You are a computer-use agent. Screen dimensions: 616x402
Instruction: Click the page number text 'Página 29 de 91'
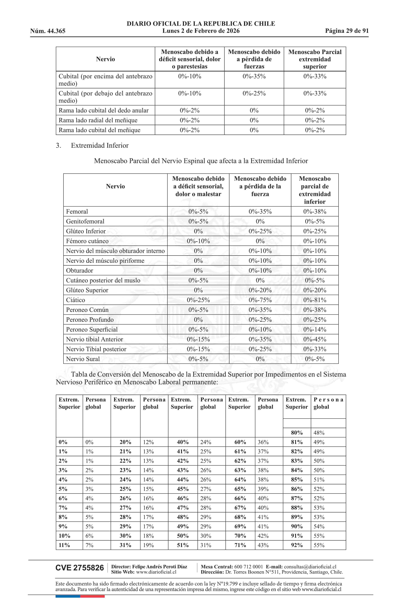click(x=347, y=31)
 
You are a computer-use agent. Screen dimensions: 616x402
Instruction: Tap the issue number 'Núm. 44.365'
click(x=48, y=31)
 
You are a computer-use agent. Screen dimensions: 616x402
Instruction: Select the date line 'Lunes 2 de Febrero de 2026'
click(x=201, y=31)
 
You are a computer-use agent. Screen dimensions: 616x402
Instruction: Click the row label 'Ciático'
click(x=76, y=300)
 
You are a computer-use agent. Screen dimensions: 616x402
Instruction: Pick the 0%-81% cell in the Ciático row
click(x=315, y=300)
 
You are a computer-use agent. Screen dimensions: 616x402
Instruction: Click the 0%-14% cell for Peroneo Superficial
click(x=315, y=329)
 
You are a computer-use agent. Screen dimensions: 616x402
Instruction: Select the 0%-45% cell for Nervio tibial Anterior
click(x=315, y=339)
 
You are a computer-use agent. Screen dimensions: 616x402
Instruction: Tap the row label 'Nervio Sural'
click(x=83, y=359)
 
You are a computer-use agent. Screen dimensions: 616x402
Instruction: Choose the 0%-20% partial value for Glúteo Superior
click(x=315, y=290)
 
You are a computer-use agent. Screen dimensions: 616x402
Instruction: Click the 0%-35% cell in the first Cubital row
click(x=254, y=76)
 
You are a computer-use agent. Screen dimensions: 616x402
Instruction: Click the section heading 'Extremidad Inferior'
click(x=100, y=145)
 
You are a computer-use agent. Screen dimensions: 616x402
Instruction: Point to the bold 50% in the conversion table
click(x=183, y=536)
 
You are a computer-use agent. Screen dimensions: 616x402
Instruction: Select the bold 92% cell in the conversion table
click(x=297, y=545)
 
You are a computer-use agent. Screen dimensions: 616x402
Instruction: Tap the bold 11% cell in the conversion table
click(x=64, y=545)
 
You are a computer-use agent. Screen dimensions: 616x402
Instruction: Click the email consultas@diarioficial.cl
click(x=310, y=567)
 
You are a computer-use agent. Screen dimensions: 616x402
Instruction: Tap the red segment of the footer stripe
click(x=92, y=596)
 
